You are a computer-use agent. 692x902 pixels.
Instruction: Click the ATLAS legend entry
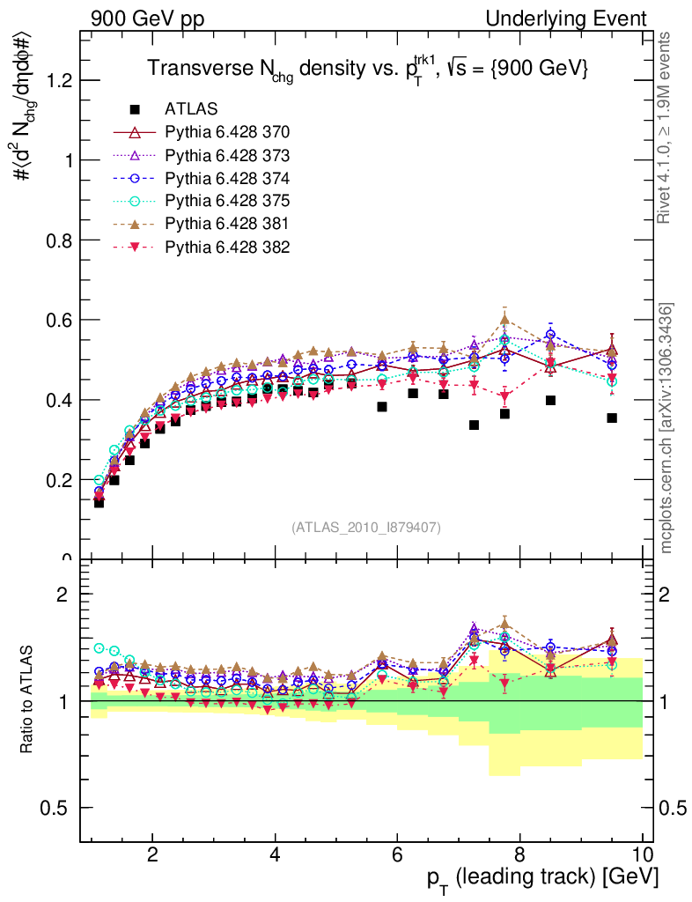pos(190,109)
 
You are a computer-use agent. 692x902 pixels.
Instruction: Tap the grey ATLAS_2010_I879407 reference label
pos(366,527)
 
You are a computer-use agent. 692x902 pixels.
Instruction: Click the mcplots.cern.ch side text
pos(666,428)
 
